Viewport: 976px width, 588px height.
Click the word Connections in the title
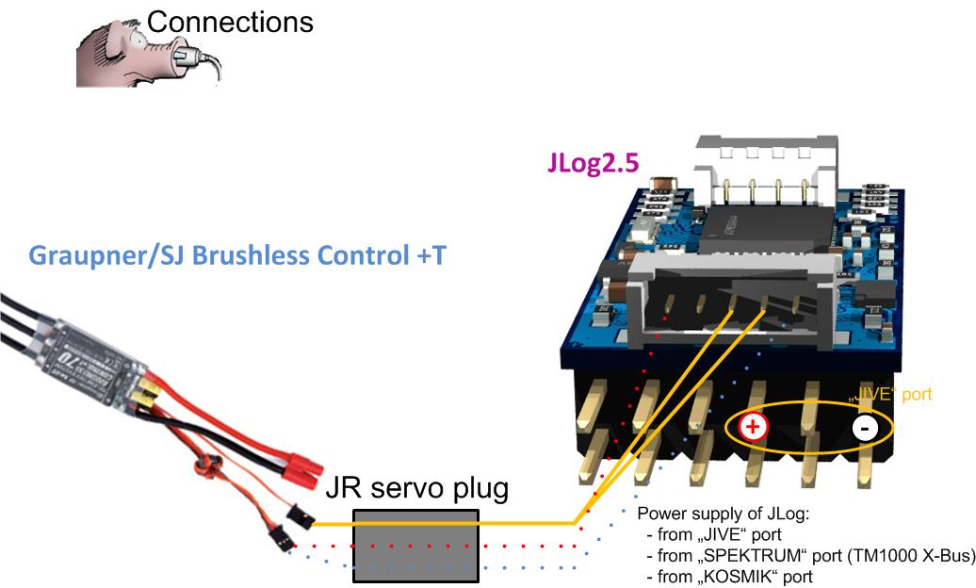tap(231, 22)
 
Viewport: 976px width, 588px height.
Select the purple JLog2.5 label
tap(594, 162)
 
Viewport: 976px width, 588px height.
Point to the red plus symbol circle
tap(754, 427)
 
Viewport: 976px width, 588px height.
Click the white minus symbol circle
tap(866, 428)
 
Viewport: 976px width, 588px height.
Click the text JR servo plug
tap(416, 488)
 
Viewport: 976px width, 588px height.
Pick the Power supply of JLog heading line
tap(723, 514)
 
